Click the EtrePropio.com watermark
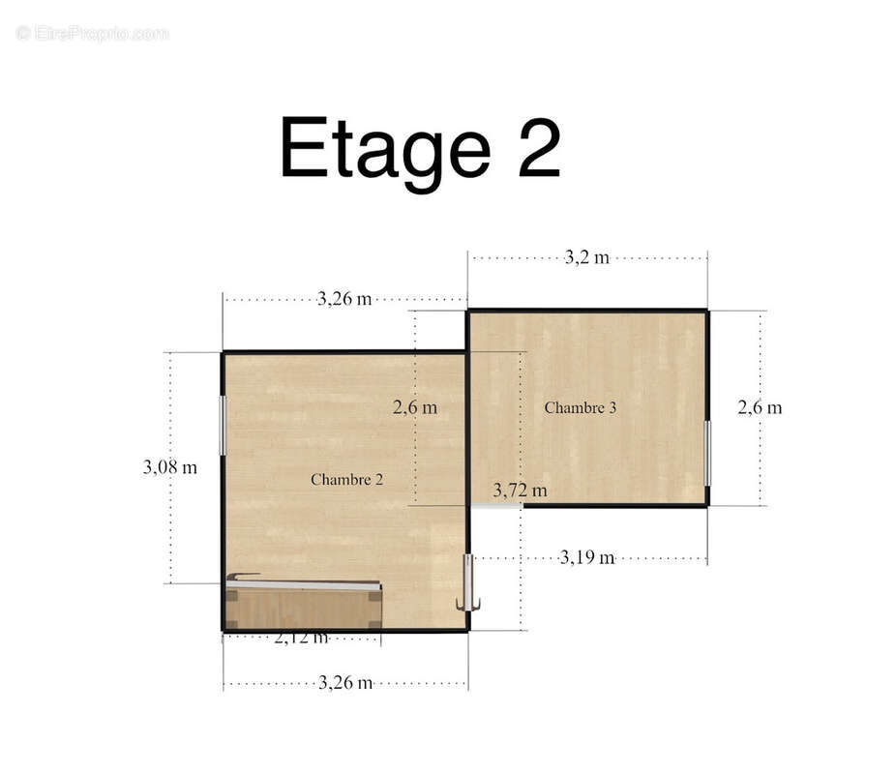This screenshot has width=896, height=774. point(93,33)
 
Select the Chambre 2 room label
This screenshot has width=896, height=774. point(346,479)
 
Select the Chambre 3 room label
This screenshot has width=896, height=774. point(580,407)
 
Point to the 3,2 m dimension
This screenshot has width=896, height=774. point(587,257)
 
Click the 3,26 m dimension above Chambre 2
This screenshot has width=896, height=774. point(344,298)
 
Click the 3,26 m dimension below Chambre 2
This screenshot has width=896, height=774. point(345,682)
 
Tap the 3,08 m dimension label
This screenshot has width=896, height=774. point(169,467)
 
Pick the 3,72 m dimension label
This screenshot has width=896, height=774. point(520,491)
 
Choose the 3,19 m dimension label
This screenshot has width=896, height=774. point(587,557)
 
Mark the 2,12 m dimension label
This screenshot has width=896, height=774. point(301,638)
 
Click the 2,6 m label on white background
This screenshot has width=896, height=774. point(760,407)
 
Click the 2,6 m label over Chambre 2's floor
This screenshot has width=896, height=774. point(415,407)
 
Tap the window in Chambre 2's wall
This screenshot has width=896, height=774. point(223,426)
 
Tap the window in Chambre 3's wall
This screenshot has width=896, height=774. point(707,454)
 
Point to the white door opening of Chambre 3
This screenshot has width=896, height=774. point(496,506)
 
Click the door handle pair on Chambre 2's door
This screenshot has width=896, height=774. point(468,604)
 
